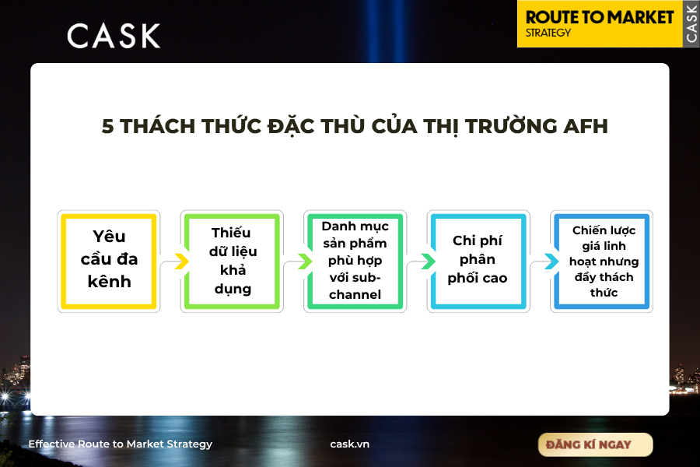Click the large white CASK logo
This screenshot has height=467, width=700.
114,36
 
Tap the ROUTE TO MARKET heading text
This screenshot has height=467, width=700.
600,17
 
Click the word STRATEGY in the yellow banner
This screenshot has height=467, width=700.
548,33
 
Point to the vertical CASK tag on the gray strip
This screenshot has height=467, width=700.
691,23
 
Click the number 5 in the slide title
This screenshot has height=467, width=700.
107,126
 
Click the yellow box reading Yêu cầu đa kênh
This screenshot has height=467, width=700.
109,262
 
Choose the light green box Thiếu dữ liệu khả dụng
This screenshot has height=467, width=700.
232,262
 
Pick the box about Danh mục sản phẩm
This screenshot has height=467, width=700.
355,262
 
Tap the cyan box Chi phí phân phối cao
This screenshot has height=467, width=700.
478,262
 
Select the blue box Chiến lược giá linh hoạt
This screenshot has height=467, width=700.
602,262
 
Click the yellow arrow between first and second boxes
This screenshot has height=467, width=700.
182,262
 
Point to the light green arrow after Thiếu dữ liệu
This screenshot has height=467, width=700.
306,262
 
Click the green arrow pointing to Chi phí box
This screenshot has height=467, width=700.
429,262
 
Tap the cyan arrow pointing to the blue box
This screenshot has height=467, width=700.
551,262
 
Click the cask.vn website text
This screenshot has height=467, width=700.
349,444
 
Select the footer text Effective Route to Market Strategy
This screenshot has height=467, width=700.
121,444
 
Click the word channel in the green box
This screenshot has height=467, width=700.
355,294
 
